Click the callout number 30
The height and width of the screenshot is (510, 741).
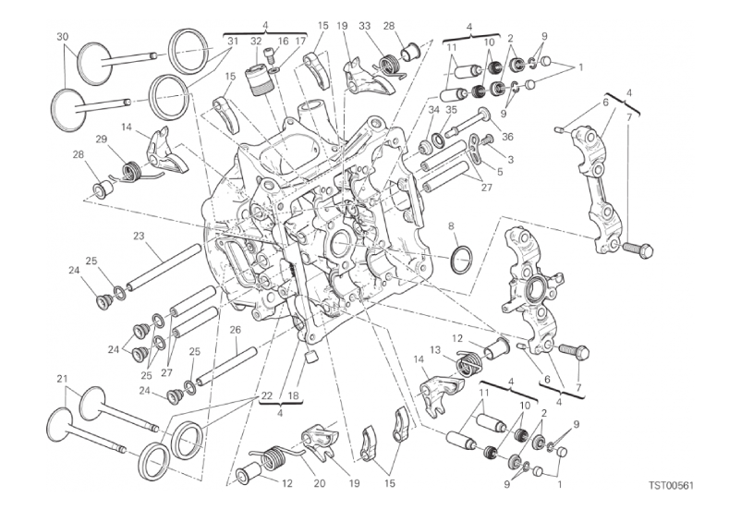coord(62,36)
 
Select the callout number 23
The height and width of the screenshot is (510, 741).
coord(138,236)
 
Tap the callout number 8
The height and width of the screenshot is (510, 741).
coord(452,225)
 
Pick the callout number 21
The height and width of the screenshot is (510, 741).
coord(62,379)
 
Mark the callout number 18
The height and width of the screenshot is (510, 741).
coord(294,395)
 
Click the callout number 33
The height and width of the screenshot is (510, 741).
coord(365,27)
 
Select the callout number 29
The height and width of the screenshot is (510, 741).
coord(102,140)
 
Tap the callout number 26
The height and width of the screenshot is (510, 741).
coord(235,330)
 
